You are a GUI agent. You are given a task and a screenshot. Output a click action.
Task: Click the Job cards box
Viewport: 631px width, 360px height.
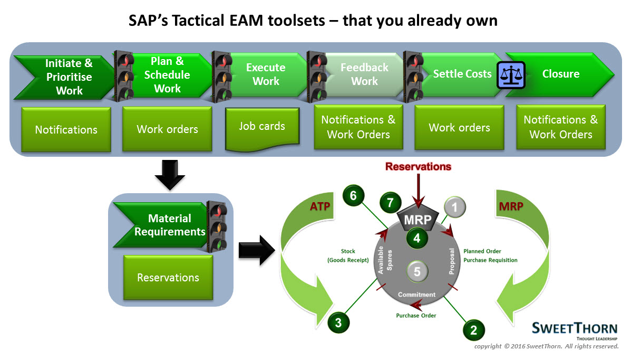pyautogui.click(x=262, y=127)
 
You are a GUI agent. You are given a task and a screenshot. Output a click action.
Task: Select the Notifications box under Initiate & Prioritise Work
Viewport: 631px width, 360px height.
pyautogui.click(x=66, y=129)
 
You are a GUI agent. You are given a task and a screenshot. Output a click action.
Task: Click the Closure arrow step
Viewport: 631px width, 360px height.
pyautogui.click(x=560, y=74)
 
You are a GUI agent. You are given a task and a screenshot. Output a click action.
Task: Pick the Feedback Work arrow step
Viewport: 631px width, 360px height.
pyautogui.click(x=364, y=74)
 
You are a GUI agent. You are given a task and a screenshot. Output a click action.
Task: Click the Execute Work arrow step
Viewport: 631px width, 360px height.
pyautogui.click(x=266, y=74)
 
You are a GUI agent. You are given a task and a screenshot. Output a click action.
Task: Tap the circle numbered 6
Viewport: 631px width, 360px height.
pyautogui.click(x=353, y=195)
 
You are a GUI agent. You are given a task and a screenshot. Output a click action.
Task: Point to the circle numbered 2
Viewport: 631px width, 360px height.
pyautogui.click(x=473, y=330)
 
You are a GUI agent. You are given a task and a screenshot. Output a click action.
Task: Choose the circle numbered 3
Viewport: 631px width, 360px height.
pyautogui.click(x=338, y=321)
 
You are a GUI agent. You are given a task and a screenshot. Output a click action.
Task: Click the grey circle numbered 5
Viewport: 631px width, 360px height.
pyautogui.click(x=417, y=272)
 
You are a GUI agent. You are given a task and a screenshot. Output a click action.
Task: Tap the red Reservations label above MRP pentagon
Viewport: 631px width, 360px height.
pyautogui.click(x=418, y=167)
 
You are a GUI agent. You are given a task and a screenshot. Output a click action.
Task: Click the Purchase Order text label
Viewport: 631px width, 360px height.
pyautogui.click(x=416, y=316)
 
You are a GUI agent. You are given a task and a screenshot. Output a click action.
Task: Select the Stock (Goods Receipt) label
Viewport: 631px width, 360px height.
pyautogui.click(x=347, y=256)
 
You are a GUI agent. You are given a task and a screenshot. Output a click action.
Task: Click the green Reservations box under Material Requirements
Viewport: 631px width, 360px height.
pyautogui.click(x=168, y=277)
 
